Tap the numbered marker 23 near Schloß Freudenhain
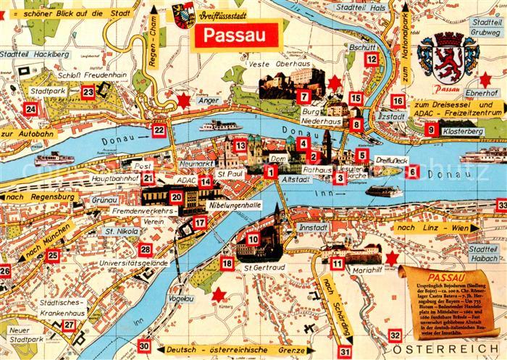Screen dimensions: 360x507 point(88,92)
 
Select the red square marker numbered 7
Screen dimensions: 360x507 point(303,96)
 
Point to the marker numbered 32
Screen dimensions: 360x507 point(395,335)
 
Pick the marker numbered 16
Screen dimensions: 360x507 point(398,101)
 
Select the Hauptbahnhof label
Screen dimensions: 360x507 point(114,177)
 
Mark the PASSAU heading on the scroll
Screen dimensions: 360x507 point(446,277)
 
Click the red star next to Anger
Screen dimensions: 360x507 point(184,100)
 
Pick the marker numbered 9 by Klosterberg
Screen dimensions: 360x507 point(432,130)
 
